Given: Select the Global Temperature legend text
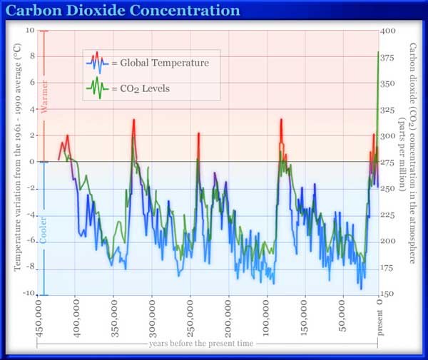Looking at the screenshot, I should [x=160, y=63].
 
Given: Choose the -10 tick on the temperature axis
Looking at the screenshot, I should [x=29, y=294].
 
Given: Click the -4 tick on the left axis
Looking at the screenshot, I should [x=31, y=215].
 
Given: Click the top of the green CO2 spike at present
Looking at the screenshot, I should [x=378, y=52].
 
